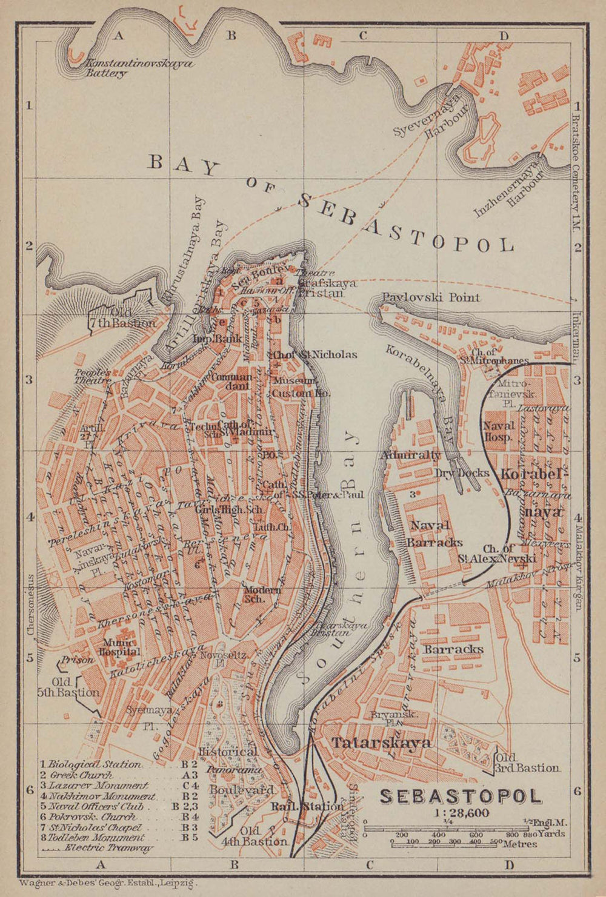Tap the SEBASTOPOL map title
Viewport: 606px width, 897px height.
(x=460, y=796)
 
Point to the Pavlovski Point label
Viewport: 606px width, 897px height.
(x=431, y=297)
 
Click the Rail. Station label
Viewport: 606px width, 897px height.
(x=307, y=807)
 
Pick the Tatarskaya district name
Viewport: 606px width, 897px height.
(x=381, y=743)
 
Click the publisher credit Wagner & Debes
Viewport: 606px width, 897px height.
(x=109, y=884)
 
